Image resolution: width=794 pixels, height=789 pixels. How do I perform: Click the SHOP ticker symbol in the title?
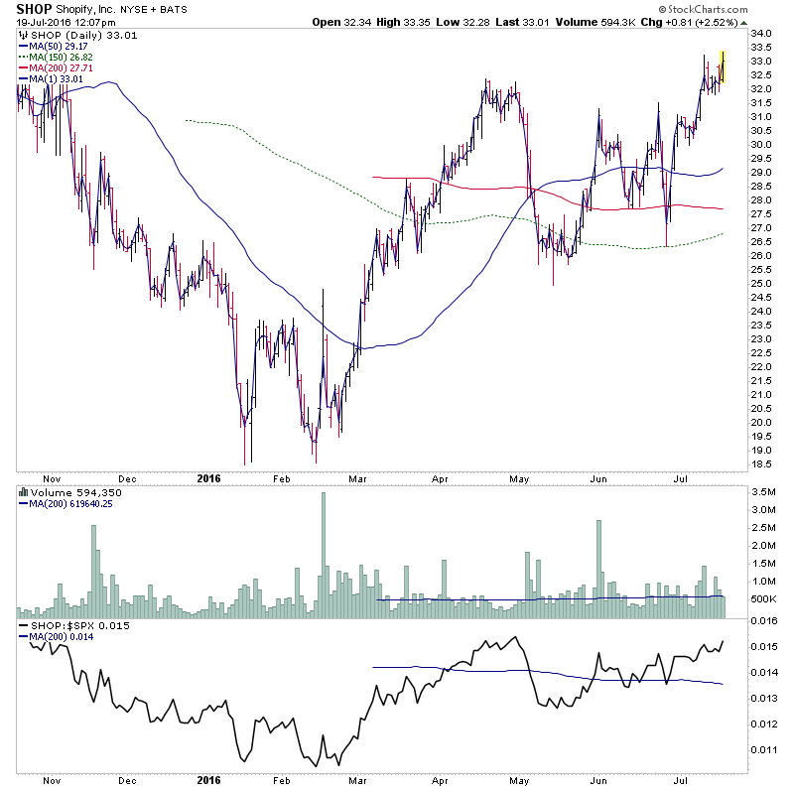click(31, 8)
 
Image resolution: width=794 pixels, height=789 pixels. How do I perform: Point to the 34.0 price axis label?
click(763, 34)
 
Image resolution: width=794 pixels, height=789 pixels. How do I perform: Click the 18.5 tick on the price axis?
click(763, 463)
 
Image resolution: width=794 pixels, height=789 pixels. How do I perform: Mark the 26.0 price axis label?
click(763, 256)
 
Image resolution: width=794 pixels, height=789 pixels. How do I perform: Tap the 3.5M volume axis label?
click(763, 491)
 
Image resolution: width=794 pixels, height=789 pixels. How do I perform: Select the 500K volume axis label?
click(763, 599)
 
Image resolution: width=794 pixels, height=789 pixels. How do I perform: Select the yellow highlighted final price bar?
click(724, 66)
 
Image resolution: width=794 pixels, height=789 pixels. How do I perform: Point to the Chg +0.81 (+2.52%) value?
click(695, 22)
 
